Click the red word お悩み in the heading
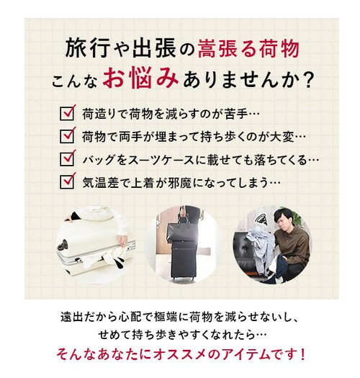point(138,78)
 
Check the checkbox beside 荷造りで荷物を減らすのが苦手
point(69,113)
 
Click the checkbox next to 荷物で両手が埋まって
point(69,135)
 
